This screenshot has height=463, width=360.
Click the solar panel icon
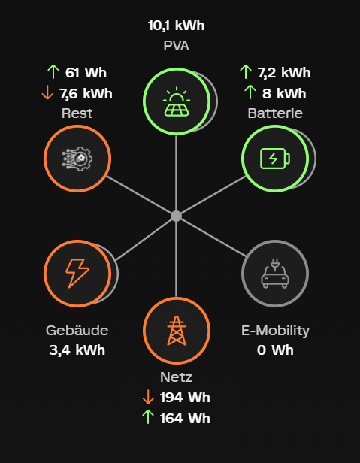pyautogui.click(x=177, y=101)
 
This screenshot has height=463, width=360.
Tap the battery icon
pyautogui.click(x=275, y=159)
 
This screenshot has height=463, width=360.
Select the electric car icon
pyautogui.click(x=275, y=274)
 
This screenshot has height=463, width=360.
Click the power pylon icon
pyautogui.click(x=177, y=331)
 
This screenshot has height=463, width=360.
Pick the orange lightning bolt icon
pyautogui.click(x=77, y=274)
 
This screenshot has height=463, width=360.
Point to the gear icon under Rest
pyautogui.click(x=77, y=159)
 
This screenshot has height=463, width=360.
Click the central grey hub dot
pyautogui.click(x=177, y=216)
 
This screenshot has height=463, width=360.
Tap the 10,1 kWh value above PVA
pyautogui.click(x=177, y=26)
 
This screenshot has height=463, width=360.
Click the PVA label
pyautogui.click(x=177, y=46)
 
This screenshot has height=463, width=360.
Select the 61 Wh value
pyautogui.click(x=86, y=73)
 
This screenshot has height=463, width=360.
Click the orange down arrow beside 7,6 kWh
pyautogui.click(x=47, y=93)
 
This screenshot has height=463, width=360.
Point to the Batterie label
pyautogui.click(x=275, y=113)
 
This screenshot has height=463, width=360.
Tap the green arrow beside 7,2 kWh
pyautogui.click(x=246, y=72)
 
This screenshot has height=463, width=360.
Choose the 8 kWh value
pyautogui.click(x=284, y=94)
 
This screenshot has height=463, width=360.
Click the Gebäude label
pyautogui.click(x=77, y=331)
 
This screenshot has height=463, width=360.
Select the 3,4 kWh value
pyautogui.click(x=77, y=350)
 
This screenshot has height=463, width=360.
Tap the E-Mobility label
pyautogui.click(x=275, y=331)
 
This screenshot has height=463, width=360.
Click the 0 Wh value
pyautogui.click(x=275, y=350)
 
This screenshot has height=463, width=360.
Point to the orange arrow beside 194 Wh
pyautogui.click(x=148, y=397)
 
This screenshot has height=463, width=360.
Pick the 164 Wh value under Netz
pyautogui.click(x=185, y=419)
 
